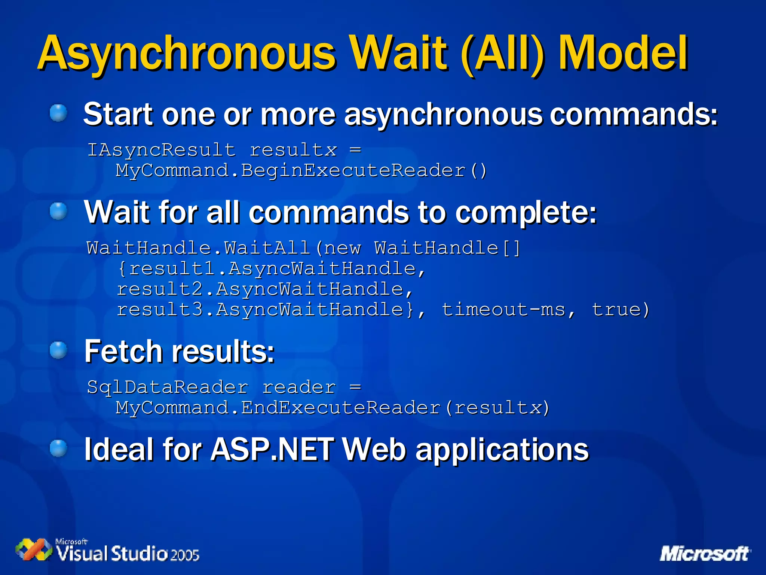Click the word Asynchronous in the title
click(187, 53)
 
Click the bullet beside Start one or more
click(58, 113)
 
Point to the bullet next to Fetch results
click(58, 350)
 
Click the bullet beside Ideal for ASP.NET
click(58, 448)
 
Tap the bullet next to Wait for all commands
click(58, 211)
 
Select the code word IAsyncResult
click(162, 150)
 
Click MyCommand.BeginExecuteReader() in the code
click(301, 171)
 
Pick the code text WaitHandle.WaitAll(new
click(224, 248)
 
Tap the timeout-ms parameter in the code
click(503, 310)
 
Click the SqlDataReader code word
click(167, 387)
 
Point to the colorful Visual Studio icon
click(34, 550)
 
